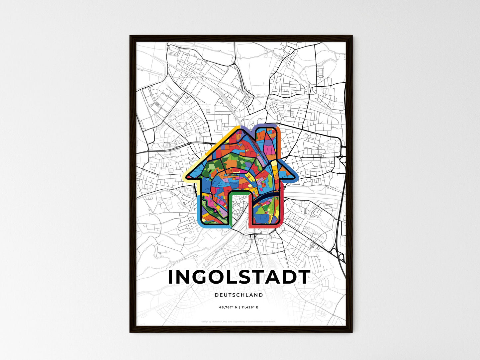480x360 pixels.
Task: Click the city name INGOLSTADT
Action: [239, 277]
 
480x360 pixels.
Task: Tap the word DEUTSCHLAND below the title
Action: [239, 295]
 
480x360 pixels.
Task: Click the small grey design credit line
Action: [239, 321]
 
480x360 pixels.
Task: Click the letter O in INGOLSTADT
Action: [221, 277]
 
